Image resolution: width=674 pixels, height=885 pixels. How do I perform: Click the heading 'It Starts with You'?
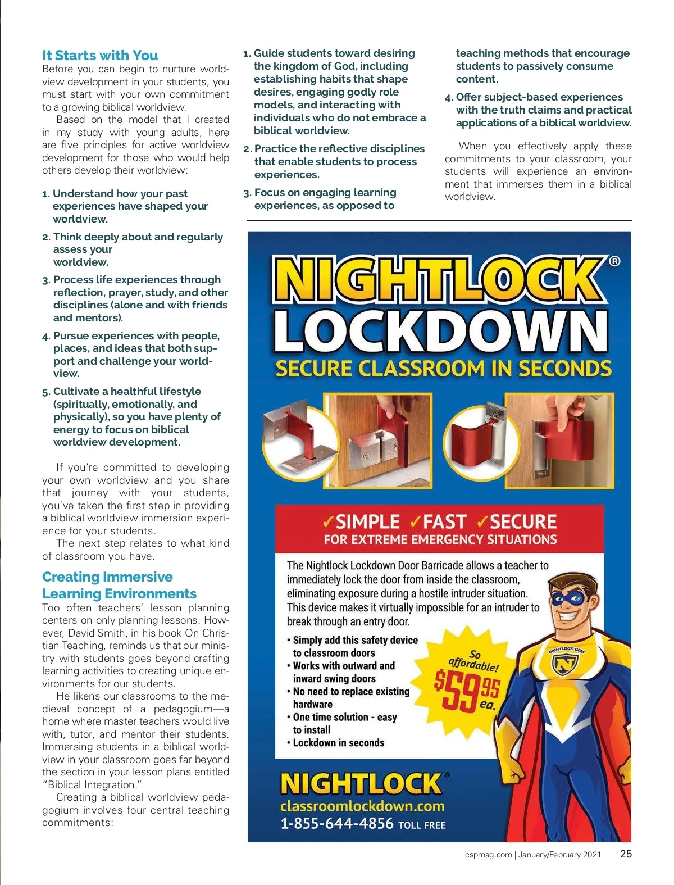tap(100, 55)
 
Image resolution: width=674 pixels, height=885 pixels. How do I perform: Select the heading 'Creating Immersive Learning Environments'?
tap(119, 585)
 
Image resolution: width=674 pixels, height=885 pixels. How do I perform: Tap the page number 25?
tap(626, 854)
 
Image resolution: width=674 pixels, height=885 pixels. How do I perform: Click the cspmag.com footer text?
tap(488, 855)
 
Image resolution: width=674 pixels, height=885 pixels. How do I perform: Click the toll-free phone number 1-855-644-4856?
tap(336, 824)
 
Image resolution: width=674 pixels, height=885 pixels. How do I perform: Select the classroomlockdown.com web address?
tap(362, 806)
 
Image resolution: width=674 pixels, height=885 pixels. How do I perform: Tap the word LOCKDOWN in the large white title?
tap(441, 331)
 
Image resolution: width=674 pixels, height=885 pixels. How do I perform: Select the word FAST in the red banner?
tap(444, 521)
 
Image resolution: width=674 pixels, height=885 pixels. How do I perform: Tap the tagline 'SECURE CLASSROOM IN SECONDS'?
tap(443, 369)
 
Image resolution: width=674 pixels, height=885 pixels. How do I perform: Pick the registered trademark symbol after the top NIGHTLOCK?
tap(615, 261)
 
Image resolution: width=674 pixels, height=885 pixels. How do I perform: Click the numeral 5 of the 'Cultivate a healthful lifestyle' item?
tap(45, 392)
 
